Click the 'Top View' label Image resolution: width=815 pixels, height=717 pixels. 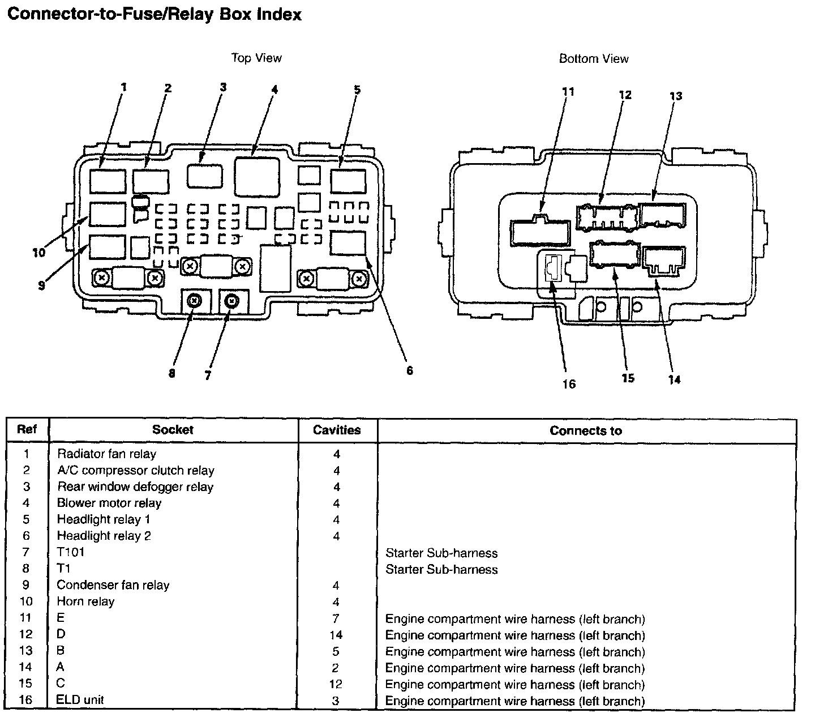click(256, 58)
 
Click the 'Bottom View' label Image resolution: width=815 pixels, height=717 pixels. click(594, 58)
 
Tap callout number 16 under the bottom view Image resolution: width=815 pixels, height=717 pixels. click(569, 384)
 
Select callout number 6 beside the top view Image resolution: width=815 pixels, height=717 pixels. click(409, 370)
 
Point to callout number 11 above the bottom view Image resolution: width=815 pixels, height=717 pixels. click(569, 92)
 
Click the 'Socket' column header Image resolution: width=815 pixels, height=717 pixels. click(173, 430)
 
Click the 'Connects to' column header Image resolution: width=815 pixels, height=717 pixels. click(586, 431)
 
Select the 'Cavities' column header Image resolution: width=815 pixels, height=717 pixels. click(337, 430)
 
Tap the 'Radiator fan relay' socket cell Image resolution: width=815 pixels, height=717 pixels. click(106, 454)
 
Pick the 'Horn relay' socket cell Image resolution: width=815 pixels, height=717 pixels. click(85, 601)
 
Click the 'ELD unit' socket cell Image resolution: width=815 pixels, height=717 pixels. click(80, 700)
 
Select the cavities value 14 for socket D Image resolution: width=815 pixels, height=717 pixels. click(336, 635)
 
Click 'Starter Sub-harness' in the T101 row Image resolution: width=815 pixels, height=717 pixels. click(441, 553)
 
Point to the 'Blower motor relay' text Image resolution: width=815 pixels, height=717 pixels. click(109, 503)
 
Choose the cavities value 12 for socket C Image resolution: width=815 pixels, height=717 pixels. click(336, 684)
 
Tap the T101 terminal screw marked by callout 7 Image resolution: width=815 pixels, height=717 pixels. click(231, 301)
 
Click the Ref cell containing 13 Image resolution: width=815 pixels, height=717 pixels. click(26, 651)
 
